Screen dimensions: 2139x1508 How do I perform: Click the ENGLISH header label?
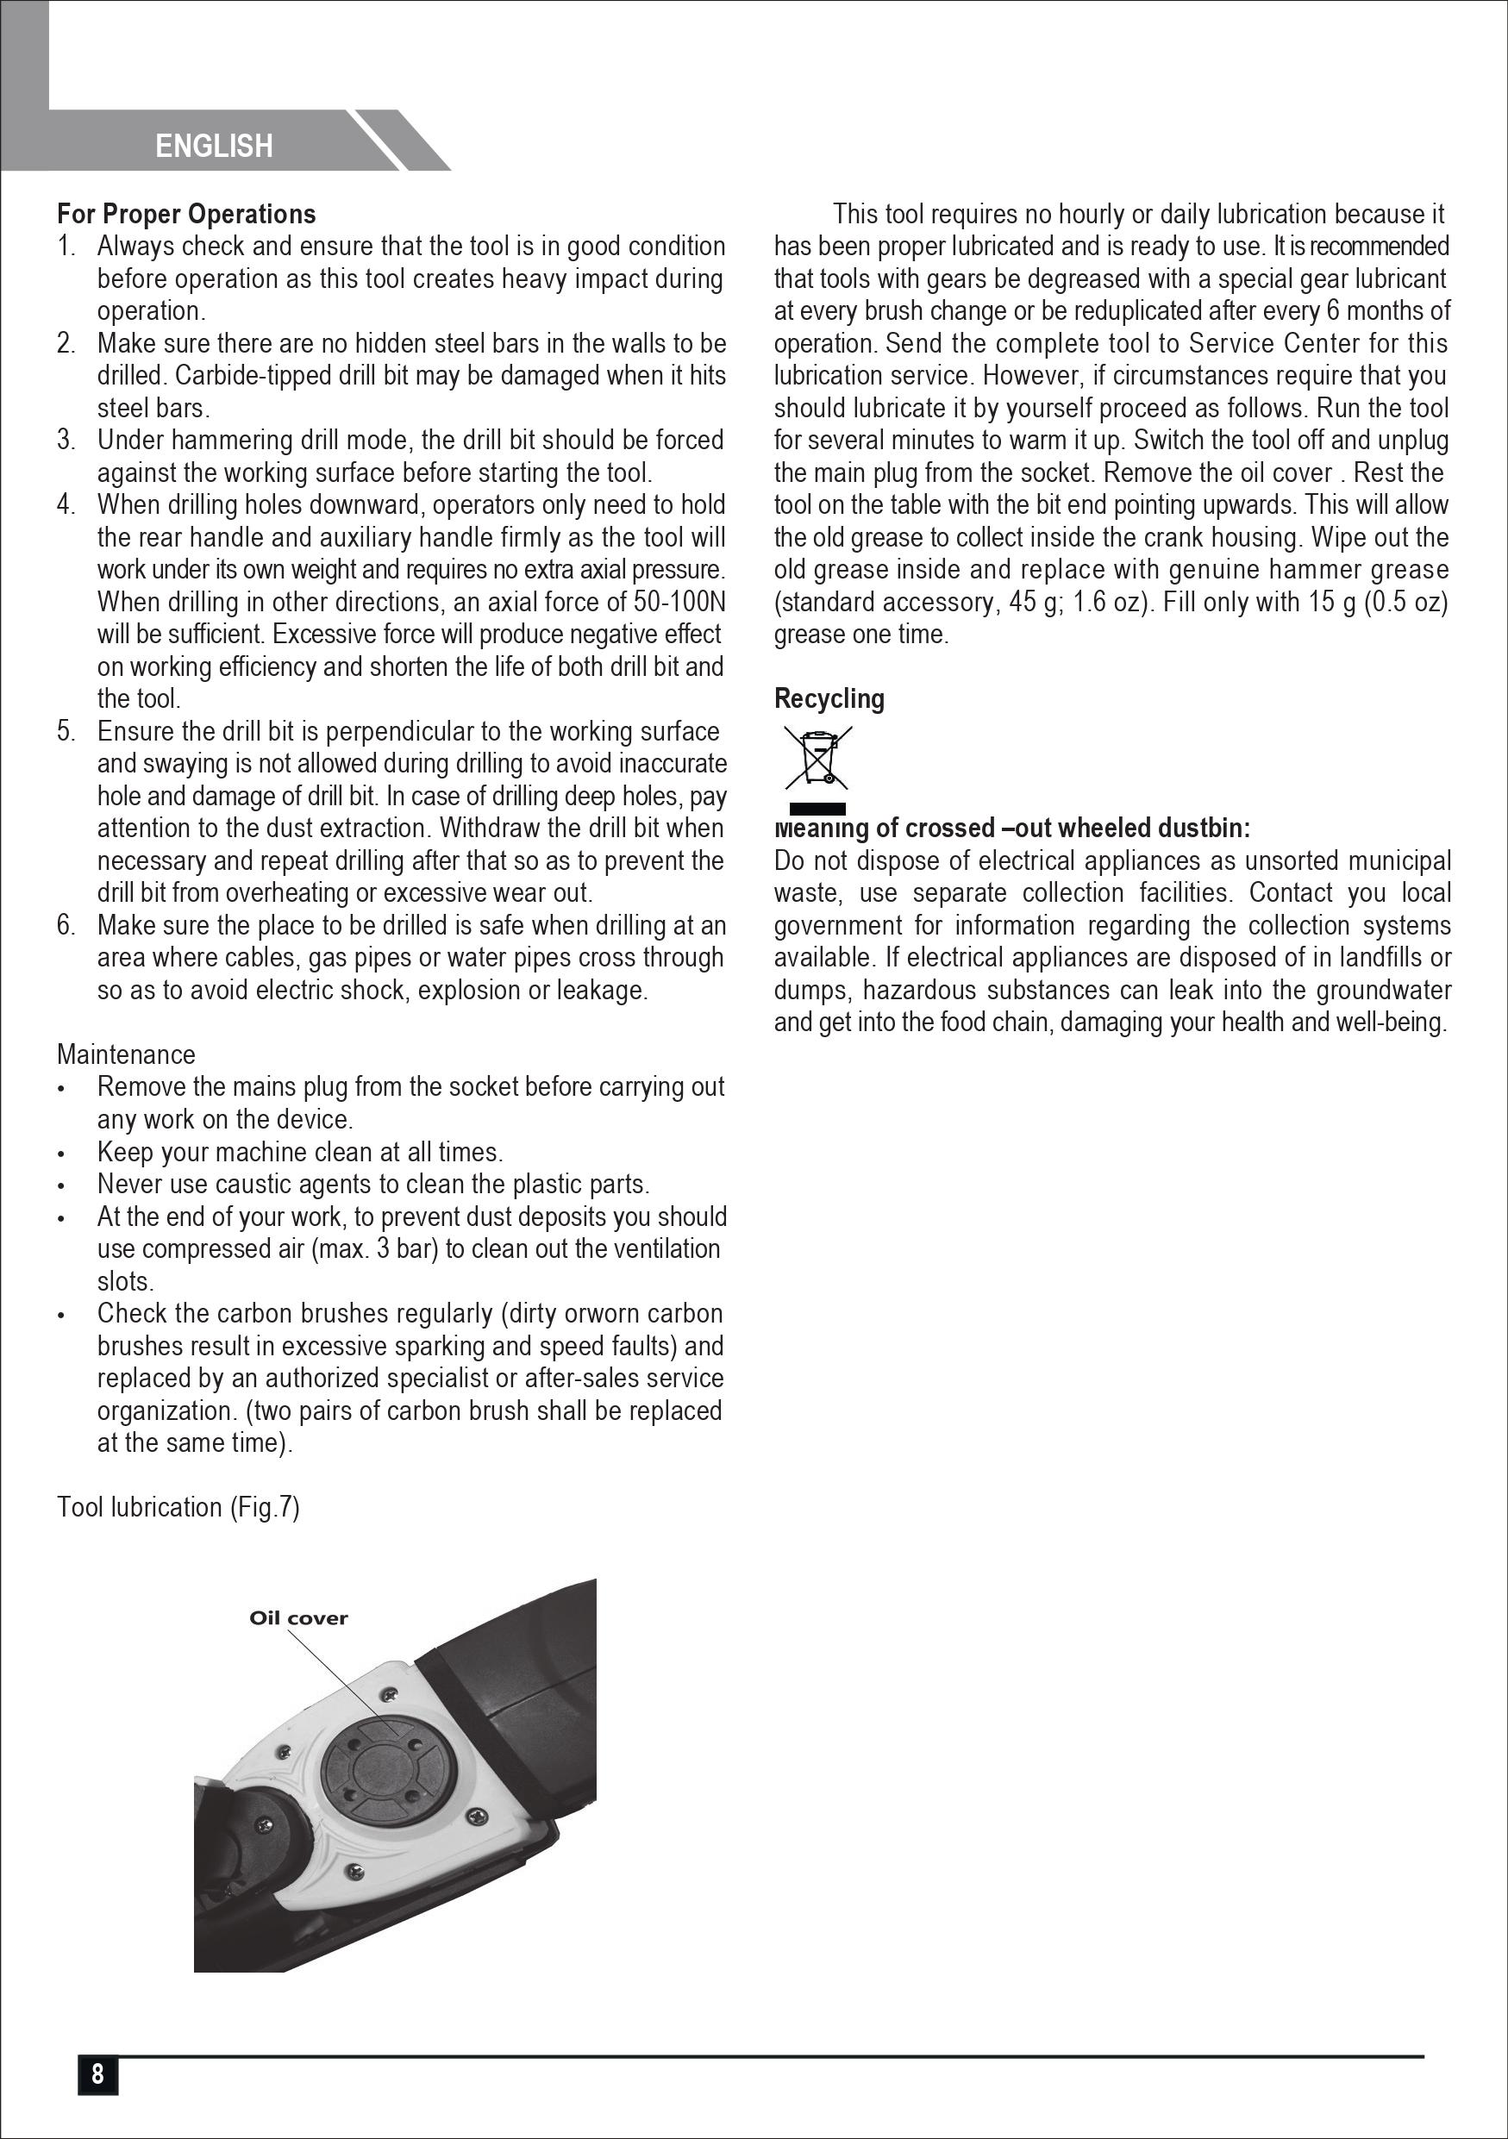click(x=213, y=146)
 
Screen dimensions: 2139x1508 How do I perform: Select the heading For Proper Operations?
click(x=186, y=215)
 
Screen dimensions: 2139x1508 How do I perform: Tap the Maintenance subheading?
click(x=126, y=1054)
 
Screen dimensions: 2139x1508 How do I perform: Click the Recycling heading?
click(x=829, y=698)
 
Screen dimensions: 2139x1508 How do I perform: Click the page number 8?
click(x=97, y=2073)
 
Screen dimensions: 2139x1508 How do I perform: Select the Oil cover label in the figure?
click(x=298, y=1618)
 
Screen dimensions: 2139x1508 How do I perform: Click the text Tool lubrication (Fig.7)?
click(x=178, y=1507)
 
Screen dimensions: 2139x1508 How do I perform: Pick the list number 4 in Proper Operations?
click(x=66, y=505)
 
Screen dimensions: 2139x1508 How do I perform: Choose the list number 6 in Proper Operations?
click(x=66, y=925)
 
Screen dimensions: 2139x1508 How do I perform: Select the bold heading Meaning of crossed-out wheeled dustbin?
click(x=1012, y=829)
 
